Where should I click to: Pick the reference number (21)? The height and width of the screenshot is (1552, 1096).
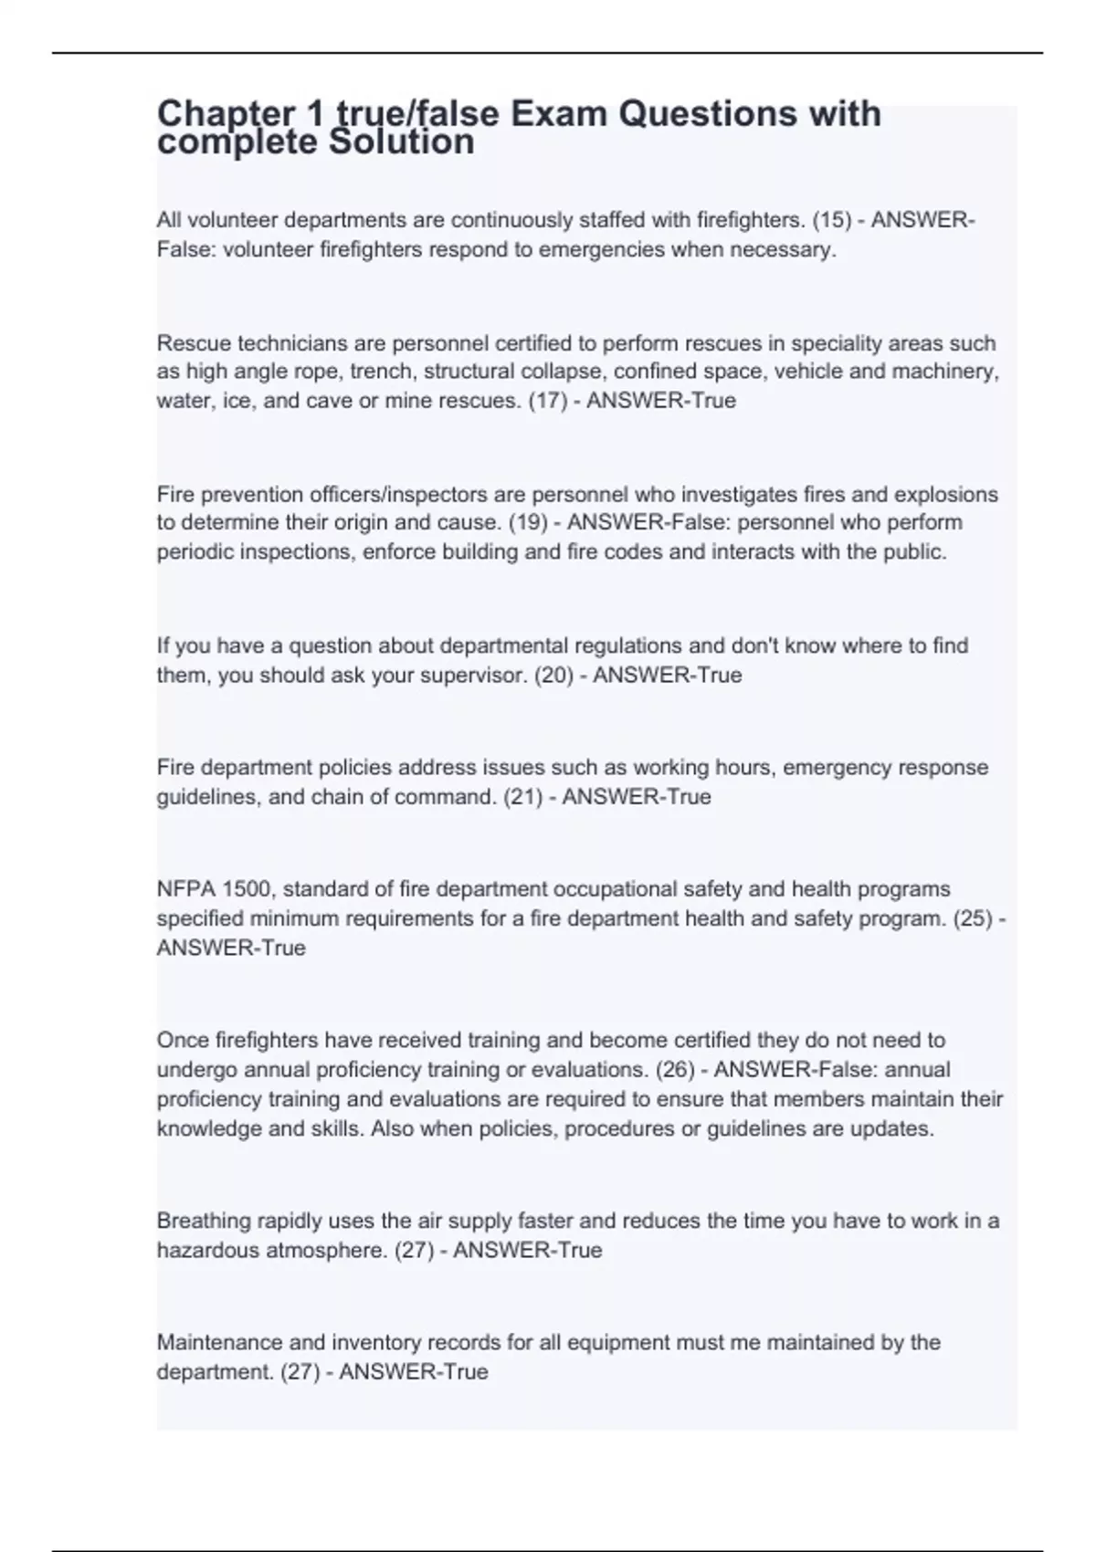[522, 797]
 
